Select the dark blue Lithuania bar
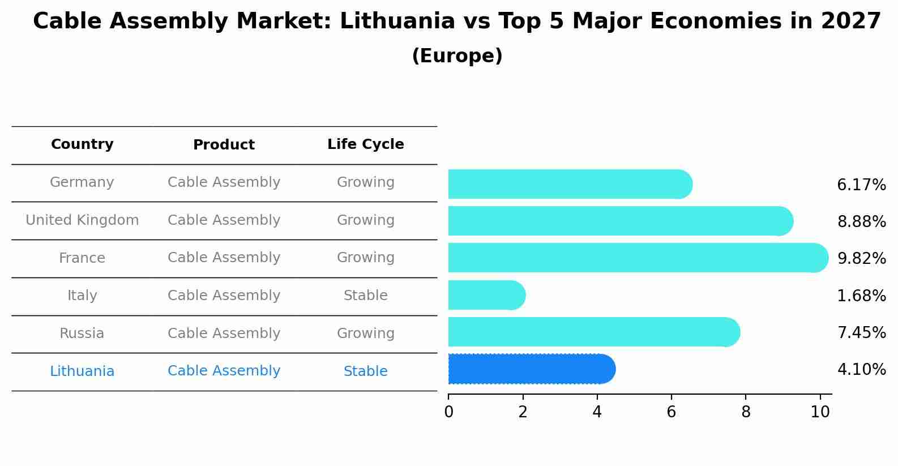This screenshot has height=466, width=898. [x=531, y=369]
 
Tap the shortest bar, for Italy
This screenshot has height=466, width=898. [x=486, y=295]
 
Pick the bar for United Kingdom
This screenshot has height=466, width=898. [x=620, y=221]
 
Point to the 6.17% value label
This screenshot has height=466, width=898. [x=861, y=185]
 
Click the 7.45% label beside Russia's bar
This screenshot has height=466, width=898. [x=861, y=332]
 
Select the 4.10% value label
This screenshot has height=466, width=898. [x=861, y=369]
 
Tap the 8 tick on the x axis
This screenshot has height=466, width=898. [x=746, y=412]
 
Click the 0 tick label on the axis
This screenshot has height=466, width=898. [x=448, y=412]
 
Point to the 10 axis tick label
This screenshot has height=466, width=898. [x=820, y=412]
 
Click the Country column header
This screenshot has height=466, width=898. [x=82, y=144]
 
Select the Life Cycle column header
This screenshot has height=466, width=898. [x=366, y=144]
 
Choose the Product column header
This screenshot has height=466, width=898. [x=224, y=145]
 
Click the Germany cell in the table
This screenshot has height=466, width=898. [x=82, y=182]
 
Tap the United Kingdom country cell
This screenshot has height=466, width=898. [x=82, y=220]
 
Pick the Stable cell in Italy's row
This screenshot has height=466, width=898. [x=366, y=296]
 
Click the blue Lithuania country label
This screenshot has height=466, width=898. [x=82, y=371]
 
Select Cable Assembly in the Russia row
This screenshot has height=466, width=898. [x=224, y=334]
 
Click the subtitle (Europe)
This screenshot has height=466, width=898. [x=457, y=56]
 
